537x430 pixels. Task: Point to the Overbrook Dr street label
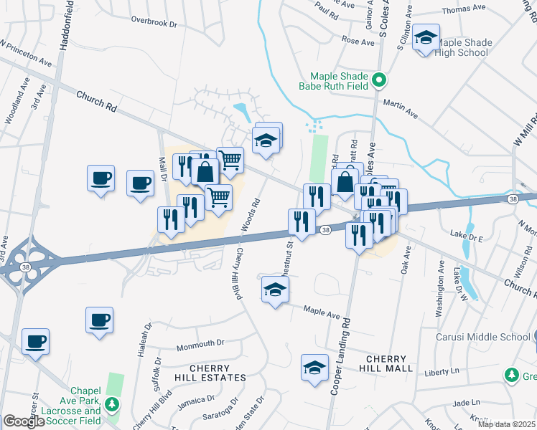click(153, 24)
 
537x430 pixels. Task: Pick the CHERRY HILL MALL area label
click(389, 363)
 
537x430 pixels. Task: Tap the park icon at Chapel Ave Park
click(111, 405)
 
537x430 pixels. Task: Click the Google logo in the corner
click(23, 421)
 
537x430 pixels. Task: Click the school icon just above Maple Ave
click(274, 290)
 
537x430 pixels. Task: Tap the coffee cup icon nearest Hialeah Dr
click(99, 320)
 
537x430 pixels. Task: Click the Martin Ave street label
click(401, 108)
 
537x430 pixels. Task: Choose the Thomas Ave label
click(464, 10)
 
